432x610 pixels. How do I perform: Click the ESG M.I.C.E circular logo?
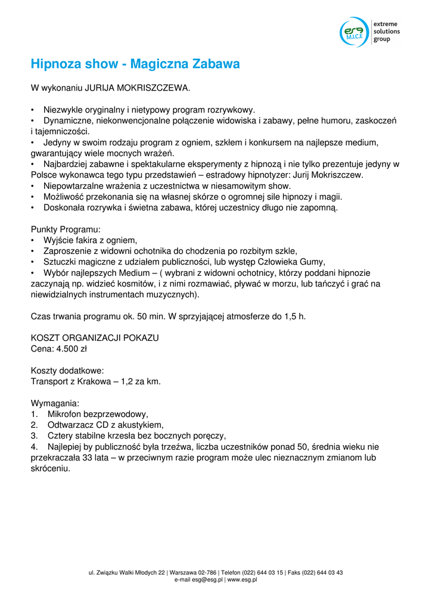tap(354, 32)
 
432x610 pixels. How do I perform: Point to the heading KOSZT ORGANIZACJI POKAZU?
tap(95, 338)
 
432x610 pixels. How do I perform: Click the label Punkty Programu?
tap(66, 229)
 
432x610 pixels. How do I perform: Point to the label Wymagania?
tap(55, 403)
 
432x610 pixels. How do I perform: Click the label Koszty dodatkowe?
tap(67, 371)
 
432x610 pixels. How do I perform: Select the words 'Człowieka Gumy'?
tap(294, 262)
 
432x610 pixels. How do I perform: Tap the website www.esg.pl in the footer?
tap(242, 580)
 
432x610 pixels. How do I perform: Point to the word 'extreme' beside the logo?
tap(386, 23)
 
